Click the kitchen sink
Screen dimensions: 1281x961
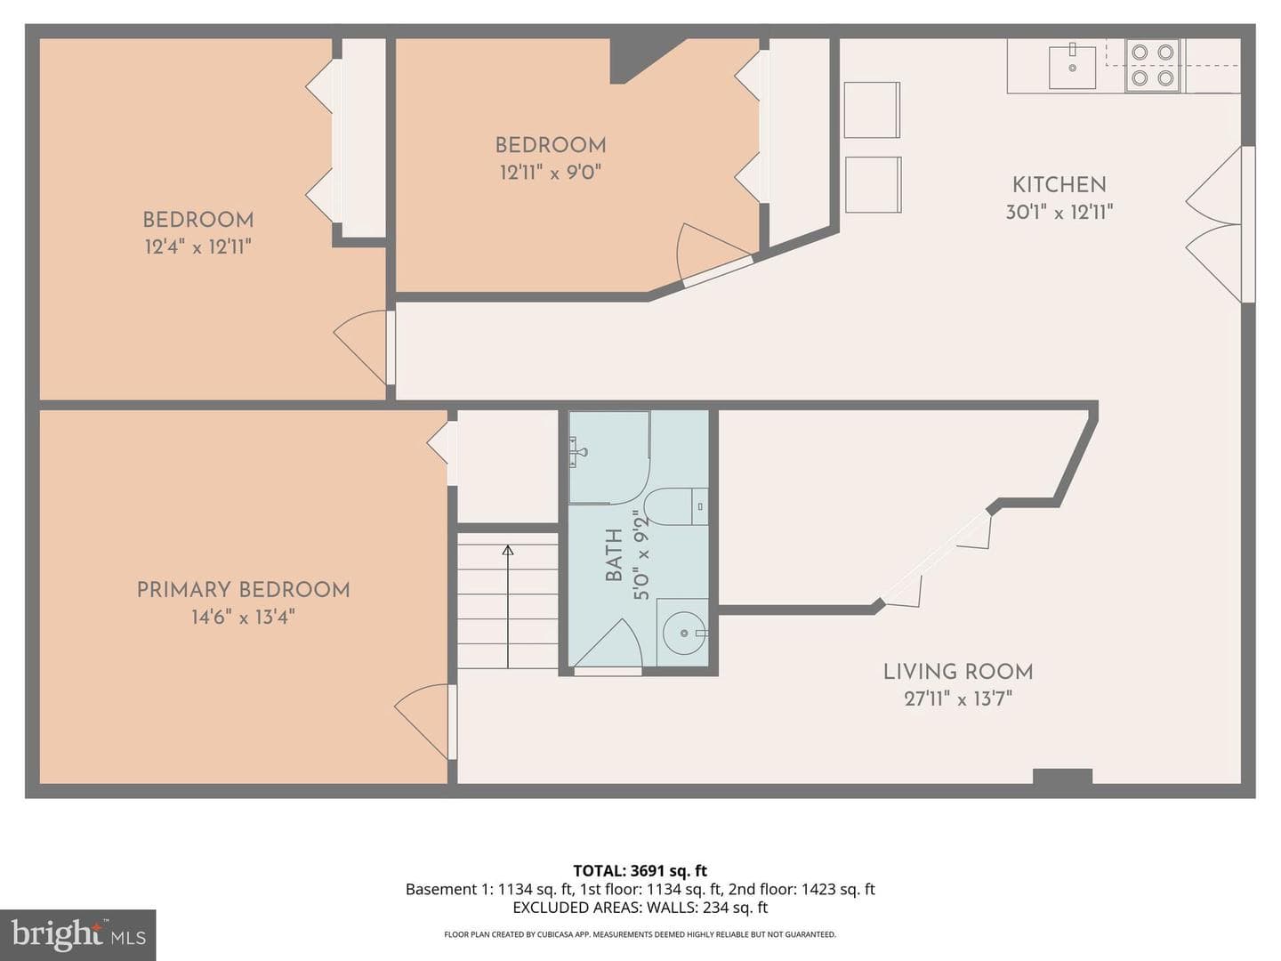tap(1072, 66)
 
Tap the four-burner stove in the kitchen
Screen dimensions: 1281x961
tap(1153, 65)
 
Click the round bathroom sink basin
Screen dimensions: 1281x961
tap(685, 633)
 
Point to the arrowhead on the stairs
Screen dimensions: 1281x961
tap(508, 550)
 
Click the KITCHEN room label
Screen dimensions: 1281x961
tap(1059, 185)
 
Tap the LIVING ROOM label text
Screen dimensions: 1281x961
tap(958, 672)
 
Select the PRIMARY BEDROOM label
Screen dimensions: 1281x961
tap(244, 590)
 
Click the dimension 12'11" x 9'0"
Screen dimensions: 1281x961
tap(551, 172)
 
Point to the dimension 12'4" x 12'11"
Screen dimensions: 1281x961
tap(197, 246)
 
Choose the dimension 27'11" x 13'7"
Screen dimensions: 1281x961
tap(958, 698)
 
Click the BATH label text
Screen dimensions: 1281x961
tap(613, 555)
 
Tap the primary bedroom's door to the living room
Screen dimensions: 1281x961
tap(425, 722)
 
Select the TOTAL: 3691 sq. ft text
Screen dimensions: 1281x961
tap(640, 870)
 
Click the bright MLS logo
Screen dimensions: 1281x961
tap(78, 934)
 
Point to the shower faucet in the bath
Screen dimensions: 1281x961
tap(579, 452)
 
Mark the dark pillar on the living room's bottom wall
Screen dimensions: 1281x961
tap(1062, 776)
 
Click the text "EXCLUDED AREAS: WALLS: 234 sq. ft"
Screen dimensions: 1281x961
tap(640, 908)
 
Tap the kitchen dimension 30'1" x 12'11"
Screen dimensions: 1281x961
tap(1059, 211)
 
